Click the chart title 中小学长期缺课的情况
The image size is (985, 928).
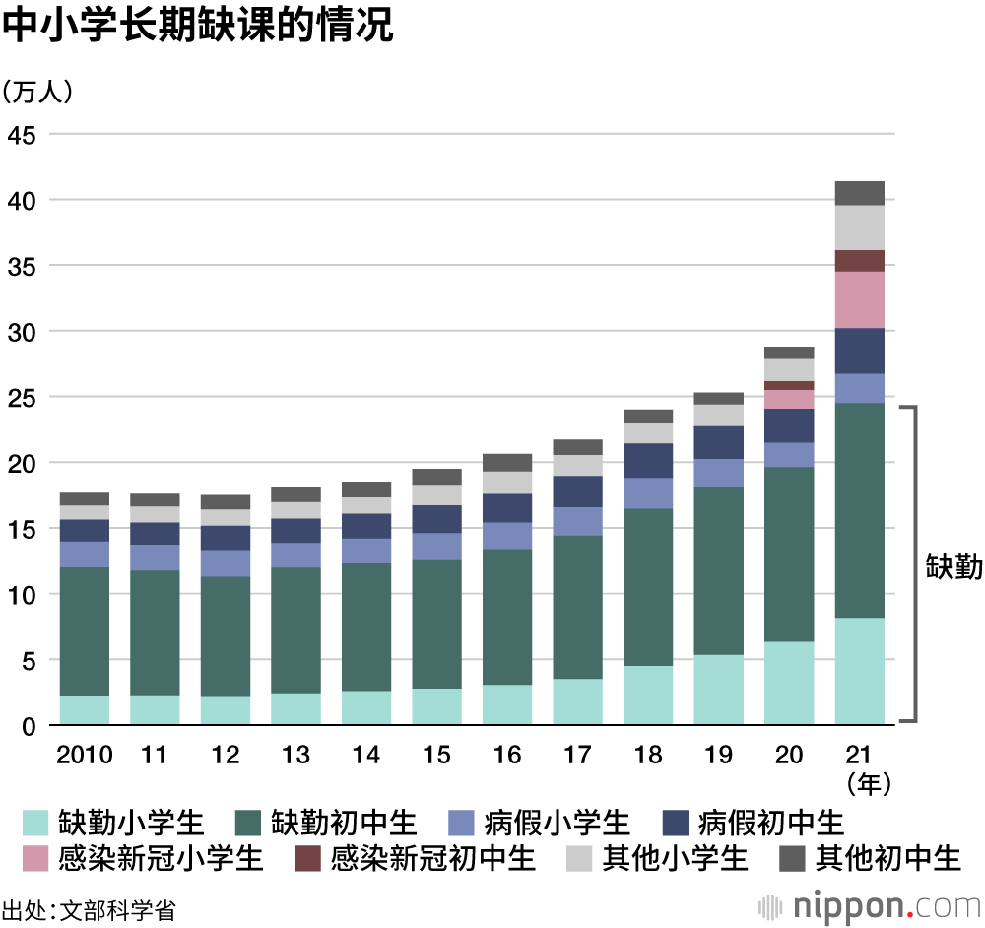pyautogui.click(x=198, y=27)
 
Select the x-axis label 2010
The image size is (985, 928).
pyautogui.click(x=85, y=755)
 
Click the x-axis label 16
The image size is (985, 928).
pyautogui.click(x=507, y=755)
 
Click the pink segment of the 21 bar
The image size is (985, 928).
pyautogui.click(x=859, y=299)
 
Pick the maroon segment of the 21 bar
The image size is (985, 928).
pyautogui.click(x=859, y=260)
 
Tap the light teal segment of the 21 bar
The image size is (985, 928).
pyautogui.click(x=859, y=670)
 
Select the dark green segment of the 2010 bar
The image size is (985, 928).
pyautogui.click(x=85, y=630)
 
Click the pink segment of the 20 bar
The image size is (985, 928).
pyautogui.click(x=789, y=399)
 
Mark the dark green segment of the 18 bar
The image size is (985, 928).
pyautogui.click(x=648, y=586)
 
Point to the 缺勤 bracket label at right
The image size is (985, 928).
pyautogui.click(x=953, y=567)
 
